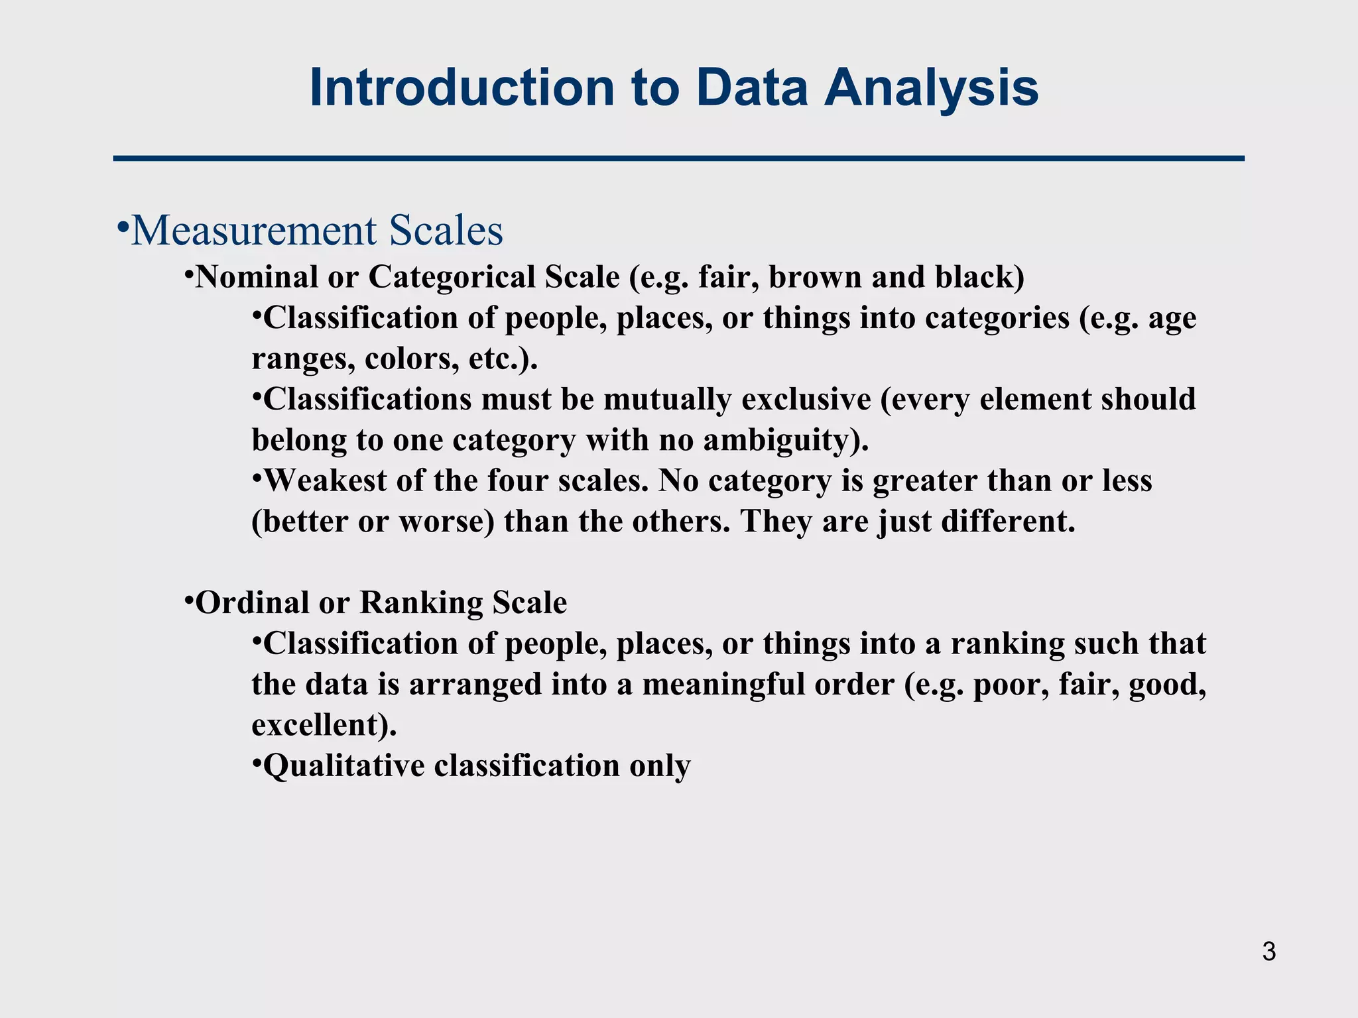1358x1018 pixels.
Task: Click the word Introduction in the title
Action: pyautogui.click(x=462, y=88)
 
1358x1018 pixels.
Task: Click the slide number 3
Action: pyautogui.click(x=1268, y=952)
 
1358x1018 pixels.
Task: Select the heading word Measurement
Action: pyautogui.click(x=254, y=231)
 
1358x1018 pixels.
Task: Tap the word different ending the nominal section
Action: pyautogui.click(x=1003, y=522)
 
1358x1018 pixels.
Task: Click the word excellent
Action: pyautogui.click(x=314, y=725)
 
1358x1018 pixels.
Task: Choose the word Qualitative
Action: pyautogui.click(x=343, y=766)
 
